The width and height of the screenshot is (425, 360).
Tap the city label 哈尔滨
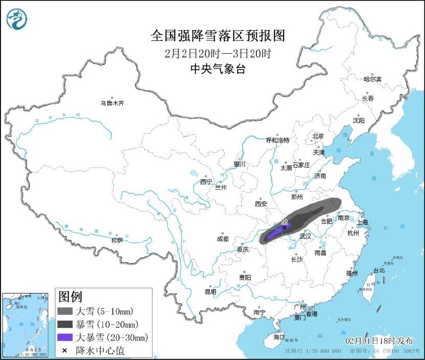point(372,79)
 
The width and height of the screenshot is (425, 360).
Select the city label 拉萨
point(117,240)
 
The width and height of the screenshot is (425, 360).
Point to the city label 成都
point(223,239)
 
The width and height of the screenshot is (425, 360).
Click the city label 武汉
point(305,236)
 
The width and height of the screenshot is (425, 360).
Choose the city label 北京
point(318,136)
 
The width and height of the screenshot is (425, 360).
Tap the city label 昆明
point(210,291)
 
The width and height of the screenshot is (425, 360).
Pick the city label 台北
point(379,270)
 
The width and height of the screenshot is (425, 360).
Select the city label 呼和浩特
point(278,140)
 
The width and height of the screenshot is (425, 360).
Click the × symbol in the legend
point(64,350)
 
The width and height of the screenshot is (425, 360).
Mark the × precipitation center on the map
point(285,227)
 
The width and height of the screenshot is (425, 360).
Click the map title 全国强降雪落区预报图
point(218,36)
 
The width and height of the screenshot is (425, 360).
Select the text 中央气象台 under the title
point(218,69)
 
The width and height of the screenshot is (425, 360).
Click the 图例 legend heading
point(70,296)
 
